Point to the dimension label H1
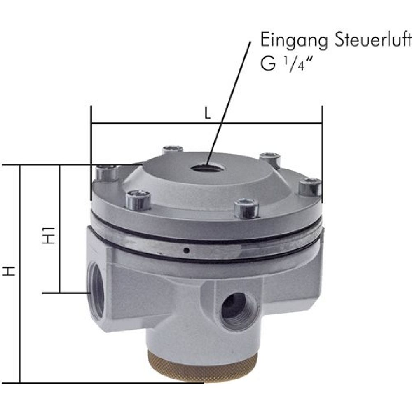(x=49, y=234)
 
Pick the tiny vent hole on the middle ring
(x=186, y=250)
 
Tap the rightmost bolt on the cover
(x=310, y=186)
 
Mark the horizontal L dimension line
(x=165, y=123)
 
